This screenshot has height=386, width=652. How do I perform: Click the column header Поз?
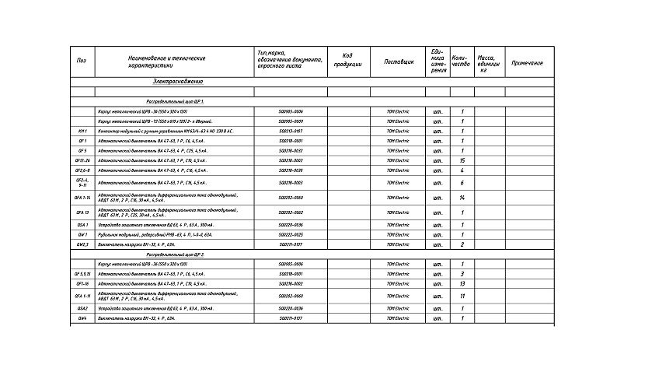point(82,61)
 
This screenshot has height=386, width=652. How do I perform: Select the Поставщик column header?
point(399,61)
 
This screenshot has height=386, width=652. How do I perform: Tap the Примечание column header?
point(528,62)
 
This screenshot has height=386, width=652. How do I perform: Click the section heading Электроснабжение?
point(178,82)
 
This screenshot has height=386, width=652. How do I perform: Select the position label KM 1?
point(82,132)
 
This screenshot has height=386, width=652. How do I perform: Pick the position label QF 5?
point(82,150)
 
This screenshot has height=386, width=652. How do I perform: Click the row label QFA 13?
point(82,212)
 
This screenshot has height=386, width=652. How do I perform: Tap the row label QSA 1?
point(82,225)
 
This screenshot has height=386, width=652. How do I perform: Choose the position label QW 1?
point(82,234)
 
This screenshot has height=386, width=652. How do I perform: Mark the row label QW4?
point(82,318)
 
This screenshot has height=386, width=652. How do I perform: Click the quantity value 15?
point(462,160)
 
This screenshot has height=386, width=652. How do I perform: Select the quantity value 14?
point(462,198)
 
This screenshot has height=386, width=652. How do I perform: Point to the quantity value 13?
point(462,283)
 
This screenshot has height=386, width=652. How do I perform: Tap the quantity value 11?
point(462,296)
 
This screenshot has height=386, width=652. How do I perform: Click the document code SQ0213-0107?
point(291,132)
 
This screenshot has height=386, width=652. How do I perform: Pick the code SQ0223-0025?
point(291,234)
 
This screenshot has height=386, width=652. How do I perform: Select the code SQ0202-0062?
point(291,212)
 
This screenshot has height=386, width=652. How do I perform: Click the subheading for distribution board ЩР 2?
point(176,254)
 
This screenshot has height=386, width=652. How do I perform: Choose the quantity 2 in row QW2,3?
point(462,244)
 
